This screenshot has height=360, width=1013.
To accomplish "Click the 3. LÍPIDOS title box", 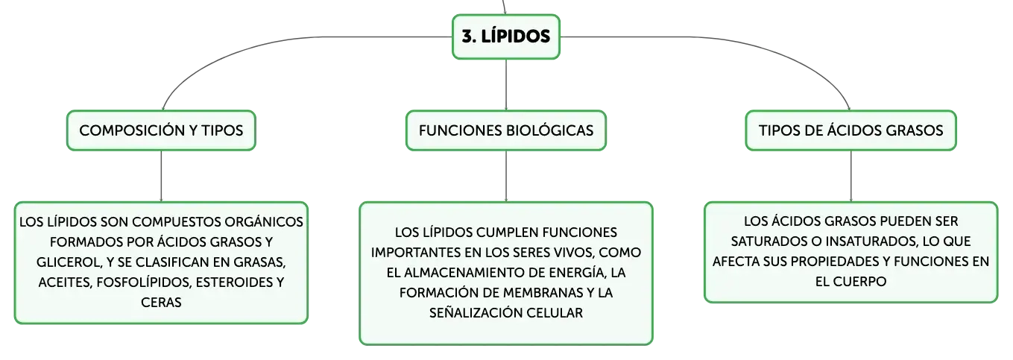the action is pyautogui.click(x=506, y=37).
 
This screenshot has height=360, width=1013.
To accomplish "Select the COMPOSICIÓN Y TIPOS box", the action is pyautogui.click(x=161, y=130).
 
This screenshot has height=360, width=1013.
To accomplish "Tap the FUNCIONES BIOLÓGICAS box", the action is pyautogui.click(x=506, y=130).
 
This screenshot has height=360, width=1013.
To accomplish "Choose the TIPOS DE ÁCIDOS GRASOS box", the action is pyautogui.click(x=851, y=130).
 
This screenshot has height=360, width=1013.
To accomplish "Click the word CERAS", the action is pyautogui.click(x=161, y=302).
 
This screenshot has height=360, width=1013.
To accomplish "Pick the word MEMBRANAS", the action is pyautogui.click(x=543, y=293).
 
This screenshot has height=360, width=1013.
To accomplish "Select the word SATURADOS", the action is pyautogui.click(x=769, y=241).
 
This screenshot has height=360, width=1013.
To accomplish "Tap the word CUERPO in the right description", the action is pyautogui.click(x=865, y=282).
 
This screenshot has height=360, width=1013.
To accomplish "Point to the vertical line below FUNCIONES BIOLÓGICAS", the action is pyautogui.click(x=506, y=176).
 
